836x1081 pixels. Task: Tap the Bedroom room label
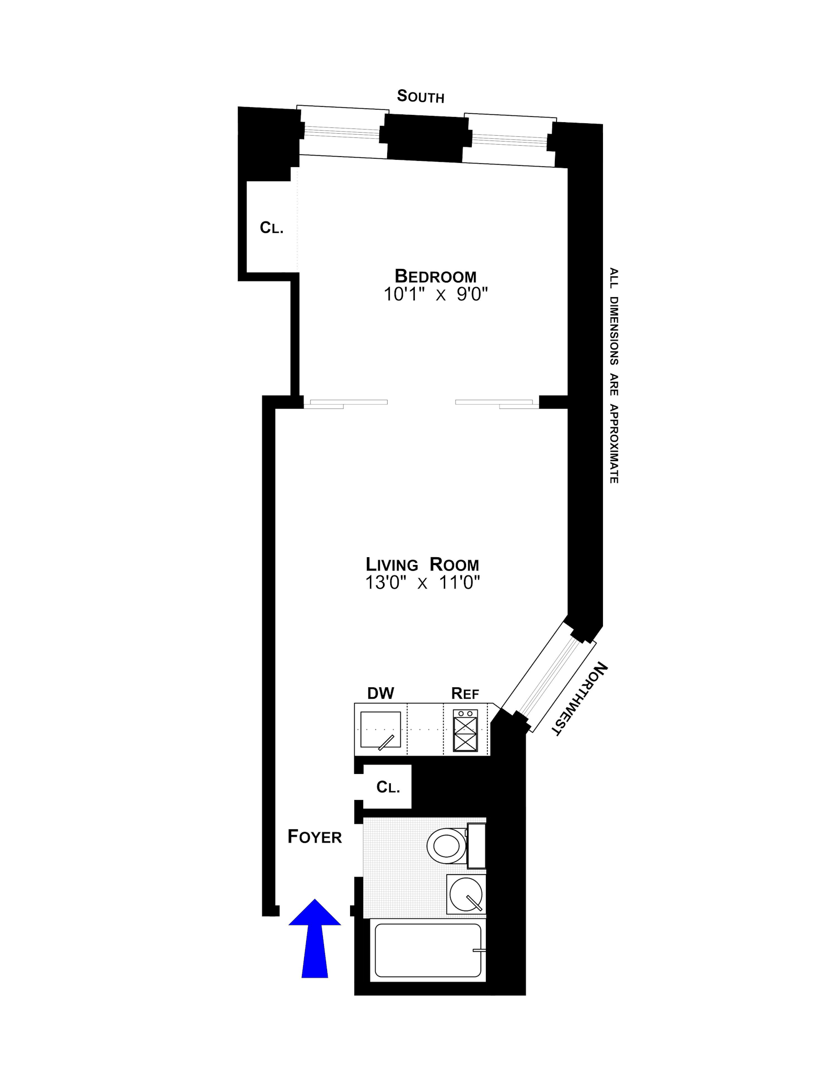tap(435, 276)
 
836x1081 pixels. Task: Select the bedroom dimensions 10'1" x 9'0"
tap(435, 295)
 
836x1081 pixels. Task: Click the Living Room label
tap(422, 565)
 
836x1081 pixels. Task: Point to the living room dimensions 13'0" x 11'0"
tap(422, 582)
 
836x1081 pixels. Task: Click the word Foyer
tap(315, 837)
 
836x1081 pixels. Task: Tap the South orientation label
tap(421, 96)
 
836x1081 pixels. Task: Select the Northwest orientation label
tap(579, 699)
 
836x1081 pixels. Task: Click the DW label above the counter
tap(380, 693)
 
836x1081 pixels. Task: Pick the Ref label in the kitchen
tap(465, 694)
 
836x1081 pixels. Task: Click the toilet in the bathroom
tap(447, 845)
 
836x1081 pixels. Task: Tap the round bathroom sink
tap(466, 894)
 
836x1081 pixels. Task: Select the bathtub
tap(427, 950)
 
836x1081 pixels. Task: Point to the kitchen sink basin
tap(380, 730)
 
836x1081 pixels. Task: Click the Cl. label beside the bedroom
tap(272, 228)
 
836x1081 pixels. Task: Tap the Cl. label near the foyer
tap(388, 787)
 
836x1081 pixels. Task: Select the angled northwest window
tap(549, 676)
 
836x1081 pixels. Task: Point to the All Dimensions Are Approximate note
tap(614, 375)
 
